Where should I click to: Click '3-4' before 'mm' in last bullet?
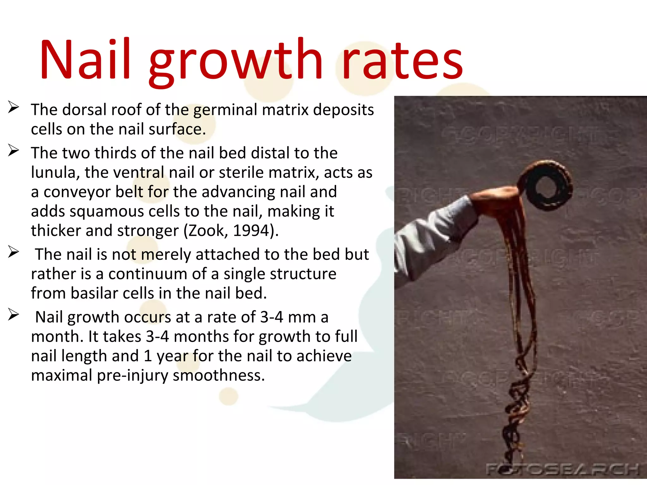coord(271,317)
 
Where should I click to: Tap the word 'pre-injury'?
coord(133,375)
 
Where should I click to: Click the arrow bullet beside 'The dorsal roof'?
coord(14,107)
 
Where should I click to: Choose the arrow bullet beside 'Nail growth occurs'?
coord(14,315)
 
